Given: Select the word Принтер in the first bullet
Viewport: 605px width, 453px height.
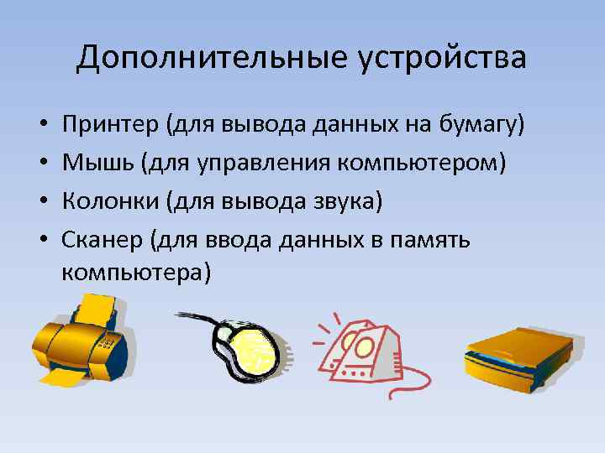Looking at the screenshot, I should pyautogui.click(x=111, y=125).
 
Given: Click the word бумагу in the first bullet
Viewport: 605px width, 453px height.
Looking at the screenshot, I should pyautogui.click(x=482, y=125).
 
